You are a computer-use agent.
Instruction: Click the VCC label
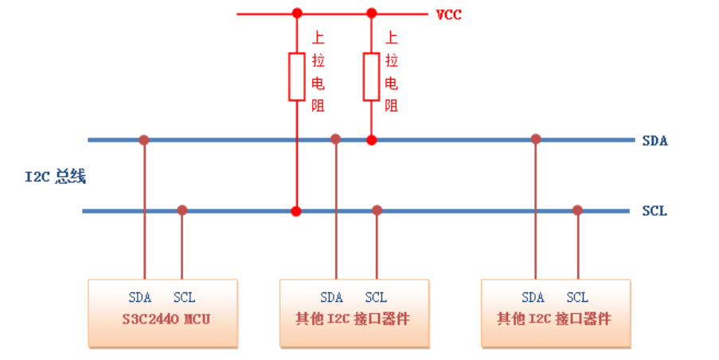pos(448,14)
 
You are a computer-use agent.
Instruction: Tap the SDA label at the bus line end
pos(655,141)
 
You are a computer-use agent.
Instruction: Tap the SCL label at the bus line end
pos(654,211)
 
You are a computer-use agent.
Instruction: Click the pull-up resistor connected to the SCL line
pos(297,76)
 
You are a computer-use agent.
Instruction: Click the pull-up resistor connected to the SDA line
pos(371,76)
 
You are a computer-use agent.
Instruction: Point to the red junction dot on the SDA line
pos(371,140)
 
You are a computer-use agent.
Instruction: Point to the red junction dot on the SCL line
pos(297,211)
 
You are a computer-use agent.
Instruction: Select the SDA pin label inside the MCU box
pos(139,298)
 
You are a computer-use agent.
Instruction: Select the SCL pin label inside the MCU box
pos(185,298)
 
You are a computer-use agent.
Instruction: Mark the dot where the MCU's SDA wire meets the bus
pos(144,140)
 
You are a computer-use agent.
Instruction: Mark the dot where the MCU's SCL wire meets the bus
pos(182,210)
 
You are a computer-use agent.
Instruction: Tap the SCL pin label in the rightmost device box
pos(577,298)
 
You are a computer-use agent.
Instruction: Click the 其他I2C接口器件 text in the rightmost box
pos(554,320)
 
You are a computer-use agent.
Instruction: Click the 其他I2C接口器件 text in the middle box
pos(353,320)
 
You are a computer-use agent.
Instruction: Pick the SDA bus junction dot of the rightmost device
pos(536,139)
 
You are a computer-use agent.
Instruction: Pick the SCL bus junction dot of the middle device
pos(377,210)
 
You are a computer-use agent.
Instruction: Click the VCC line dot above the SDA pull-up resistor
pos(371,14)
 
